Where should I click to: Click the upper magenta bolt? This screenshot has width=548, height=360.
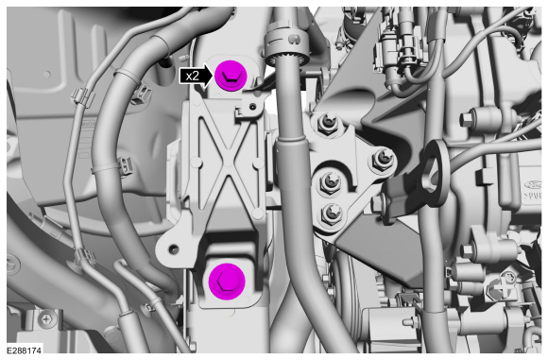tap(231, 76)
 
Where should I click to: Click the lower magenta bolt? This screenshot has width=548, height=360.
tap(227, 282)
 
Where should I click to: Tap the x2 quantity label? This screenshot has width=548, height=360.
tap(192, 76)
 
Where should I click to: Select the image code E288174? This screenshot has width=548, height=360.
tap(24, 351)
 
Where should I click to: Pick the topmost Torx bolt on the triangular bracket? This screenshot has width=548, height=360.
tap(328, 122)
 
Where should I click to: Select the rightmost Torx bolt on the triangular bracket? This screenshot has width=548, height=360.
tap(384, 160)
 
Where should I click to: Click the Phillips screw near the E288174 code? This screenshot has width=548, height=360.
tap(46, 318)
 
